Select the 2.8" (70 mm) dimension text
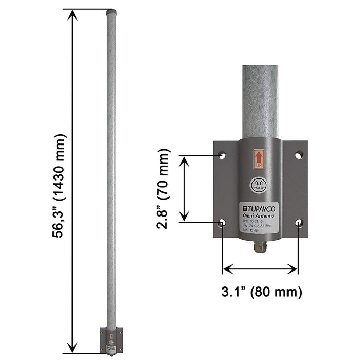click(164, 188)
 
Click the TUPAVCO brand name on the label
click(260, 208)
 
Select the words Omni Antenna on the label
click(260, 215)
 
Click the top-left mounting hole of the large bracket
click(222, 154)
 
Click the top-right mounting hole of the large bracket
click(299, 154)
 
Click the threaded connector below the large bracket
click(260, 248)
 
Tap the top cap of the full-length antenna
click(111, 10)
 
